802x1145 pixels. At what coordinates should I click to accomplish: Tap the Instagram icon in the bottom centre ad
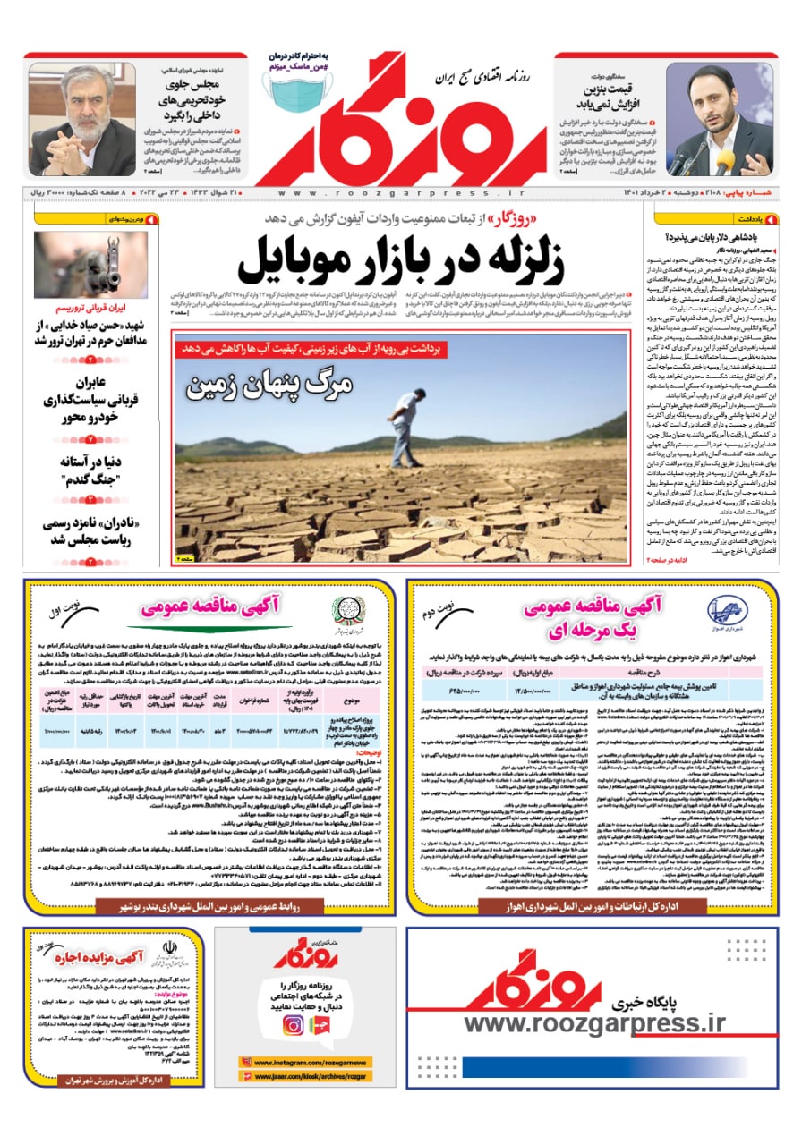293,1026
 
